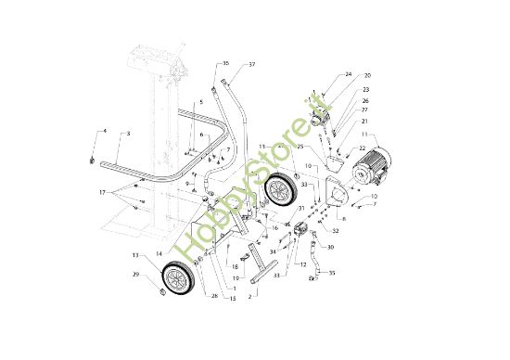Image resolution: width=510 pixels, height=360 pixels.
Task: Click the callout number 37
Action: [x=251, y=65]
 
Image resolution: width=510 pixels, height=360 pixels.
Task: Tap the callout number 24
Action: [x=349, y=74]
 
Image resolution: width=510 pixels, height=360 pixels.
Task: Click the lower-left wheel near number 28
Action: [x=177, y=279]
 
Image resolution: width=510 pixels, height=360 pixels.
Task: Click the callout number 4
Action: [x=104, y=132]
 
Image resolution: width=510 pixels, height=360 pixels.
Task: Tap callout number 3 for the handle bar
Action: [x=128, y=135]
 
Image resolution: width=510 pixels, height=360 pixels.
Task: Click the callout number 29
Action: [x=134, y=276]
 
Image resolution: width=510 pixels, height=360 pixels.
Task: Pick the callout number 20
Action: [x=367, y=75]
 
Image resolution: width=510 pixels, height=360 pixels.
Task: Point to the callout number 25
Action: [x=300, y=147]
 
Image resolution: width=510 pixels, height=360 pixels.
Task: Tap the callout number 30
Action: [x=331, y=248]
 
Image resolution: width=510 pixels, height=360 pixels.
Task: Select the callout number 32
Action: [x=336, y=230]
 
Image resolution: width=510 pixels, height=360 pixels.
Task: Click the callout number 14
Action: [x=159, y=252]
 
